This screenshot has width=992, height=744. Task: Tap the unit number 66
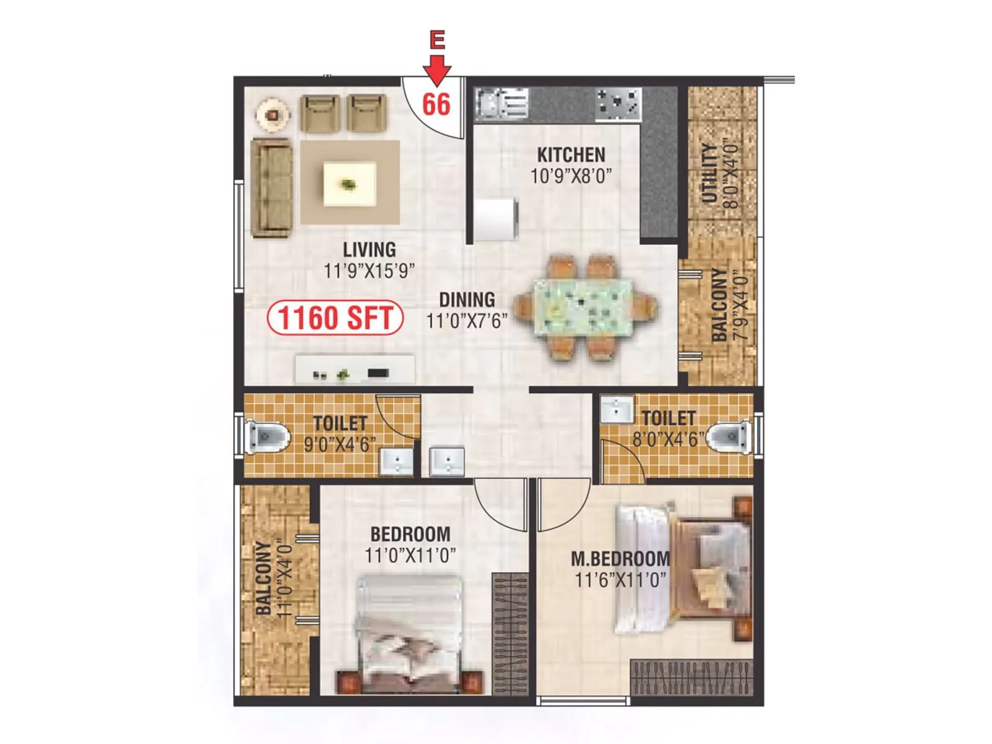click(x=436, y=104)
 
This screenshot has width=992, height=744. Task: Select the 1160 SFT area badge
click(x=335, y=317)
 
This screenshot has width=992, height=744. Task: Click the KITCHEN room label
click(x=571, y=154)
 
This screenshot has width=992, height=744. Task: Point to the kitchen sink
click(x=501, y=103)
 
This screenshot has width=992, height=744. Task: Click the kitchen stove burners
click(x=618, y=104)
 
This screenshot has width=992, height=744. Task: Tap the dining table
click(x=583, y=308)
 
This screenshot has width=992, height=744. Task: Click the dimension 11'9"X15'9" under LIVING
click(x=369, y=271)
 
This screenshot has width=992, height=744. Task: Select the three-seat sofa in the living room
click(x=272, y=188)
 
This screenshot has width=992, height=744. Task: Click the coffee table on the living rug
click(x=349, y=184)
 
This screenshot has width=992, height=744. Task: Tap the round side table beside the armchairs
click(x=272, y=115)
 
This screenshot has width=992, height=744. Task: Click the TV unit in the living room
click(x=355, y=370)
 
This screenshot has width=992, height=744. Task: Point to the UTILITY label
click(x=709, y=174)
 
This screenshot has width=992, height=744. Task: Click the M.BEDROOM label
click(x=620, y=559)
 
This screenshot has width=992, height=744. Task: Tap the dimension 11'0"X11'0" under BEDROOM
click(x=410, y=555)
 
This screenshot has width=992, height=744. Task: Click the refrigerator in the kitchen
click(x=496, y=219)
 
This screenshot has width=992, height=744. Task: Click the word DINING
click(x=467, y=300)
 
